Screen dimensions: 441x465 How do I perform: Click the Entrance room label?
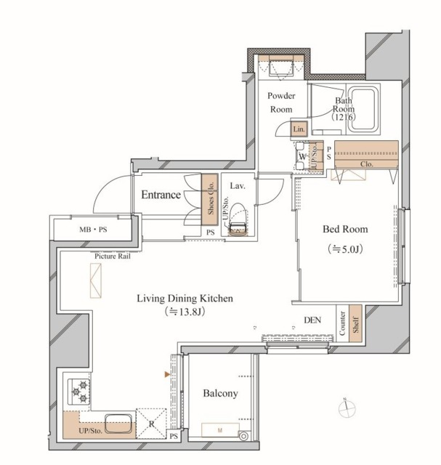[x=161, y=195]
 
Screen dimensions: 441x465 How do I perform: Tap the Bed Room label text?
[x=345, y=230]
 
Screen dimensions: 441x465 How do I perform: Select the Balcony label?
[x=220, y=394]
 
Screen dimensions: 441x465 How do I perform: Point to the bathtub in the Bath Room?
[x=363, y=109]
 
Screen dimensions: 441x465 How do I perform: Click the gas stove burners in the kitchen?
[x=78, y=392]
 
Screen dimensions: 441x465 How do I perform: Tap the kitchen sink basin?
[x=118, y=423]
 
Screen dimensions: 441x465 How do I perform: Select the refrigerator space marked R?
[x=151, y=424]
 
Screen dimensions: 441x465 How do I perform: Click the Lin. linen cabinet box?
[x=299, y=129]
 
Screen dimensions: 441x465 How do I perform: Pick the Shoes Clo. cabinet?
[x=210, y=199]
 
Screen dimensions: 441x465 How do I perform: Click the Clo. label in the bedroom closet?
[x=367, y=164]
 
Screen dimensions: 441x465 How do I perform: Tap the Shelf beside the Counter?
[x=355, y=323]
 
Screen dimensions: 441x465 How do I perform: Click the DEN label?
[x=312, y=320]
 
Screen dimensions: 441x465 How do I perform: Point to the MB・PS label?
[x=93, y=230]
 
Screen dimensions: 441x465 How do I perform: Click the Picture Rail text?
[x=113, y=256]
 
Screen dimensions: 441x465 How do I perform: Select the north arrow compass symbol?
[x=347, y=408]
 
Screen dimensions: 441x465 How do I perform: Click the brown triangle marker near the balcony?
[x=168, y=375]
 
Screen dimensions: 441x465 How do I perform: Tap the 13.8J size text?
[x=184, y=312]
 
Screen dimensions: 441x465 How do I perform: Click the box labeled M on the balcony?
[x=220, y=430]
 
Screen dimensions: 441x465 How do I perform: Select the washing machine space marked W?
[x=302, y=156]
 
